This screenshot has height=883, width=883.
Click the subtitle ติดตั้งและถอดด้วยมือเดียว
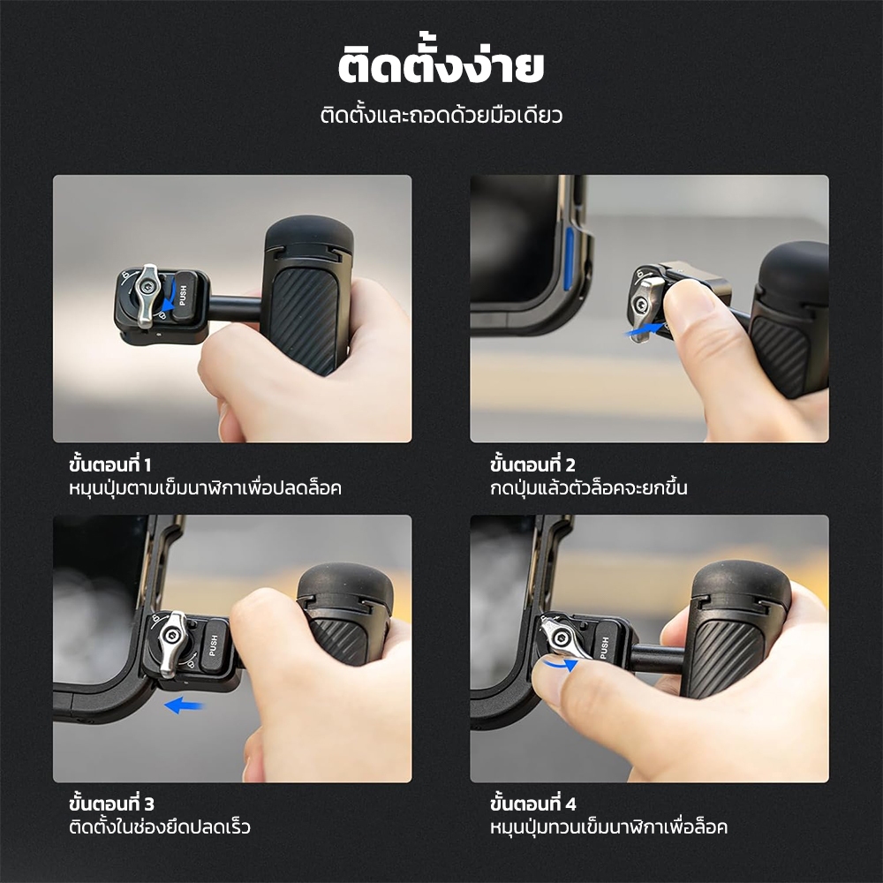(441, 115)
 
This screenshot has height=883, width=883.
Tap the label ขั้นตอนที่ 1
(109, 465)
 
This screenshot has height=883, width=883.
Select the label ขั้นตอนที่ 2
(532, 465)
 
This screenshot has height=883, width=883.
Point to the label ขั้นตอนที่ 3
(111, 804)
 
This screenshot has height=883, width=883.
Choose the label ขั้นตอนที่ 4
(533, 804)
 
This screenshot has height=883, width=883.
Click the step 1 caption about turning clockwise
(205, 487)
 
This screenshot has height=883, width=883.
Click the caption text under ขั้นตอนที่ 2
(588, 487)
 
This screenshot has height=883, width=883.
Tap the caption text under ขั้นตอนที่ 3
(159, 826)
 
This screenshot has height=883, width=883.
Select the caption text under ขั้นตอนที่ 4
(608, 826)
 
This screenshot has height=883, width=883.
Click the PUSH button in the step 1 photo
(184, 296)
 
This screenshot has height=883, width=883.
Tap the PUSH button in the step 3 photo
(214, 645)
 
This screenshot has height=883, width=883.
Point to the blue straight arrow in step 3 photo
(184, 705)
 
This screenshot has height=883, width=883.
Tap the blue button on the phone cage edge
(570, 259)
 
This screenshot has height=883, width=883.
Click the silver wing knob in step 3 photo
(172, 643)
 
